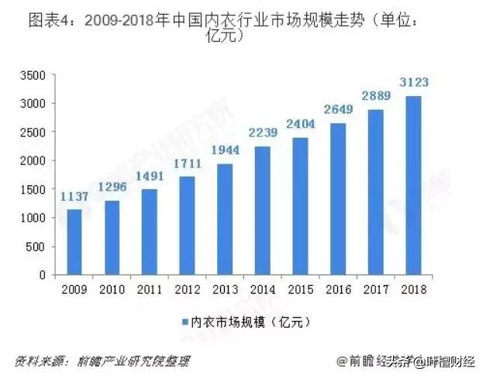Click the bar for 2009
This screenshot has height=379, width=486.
(74, 242)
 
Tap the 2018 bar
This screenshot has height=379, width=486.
(414, 185)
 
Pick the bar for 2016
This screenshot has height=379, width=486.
(339, 198)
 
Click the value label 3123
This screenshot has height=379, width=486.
(414, 81)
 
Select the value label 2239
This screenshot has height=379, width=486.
(264, 132)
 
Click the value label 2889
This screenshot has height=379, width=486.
(377, 95)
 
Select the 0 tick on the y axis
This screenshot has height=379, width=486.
(43, 275)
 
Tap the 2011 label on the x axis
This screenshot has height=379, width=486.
(150, 289)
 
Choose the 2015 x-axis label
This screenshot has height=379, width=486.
(301, 289)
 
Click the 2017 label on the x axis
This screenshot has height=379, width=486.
(377, 289)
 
